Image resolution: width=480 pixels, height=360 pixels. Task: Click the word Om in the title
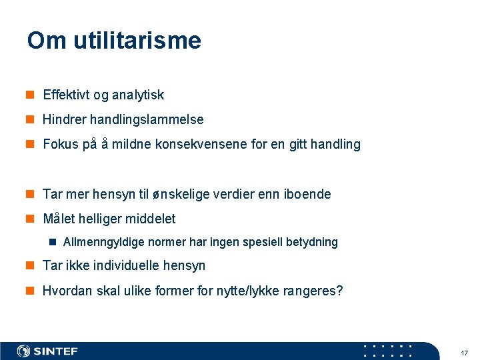[x=47, y=41]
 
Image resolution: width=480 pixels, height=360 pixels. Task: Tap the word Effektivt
[x=66, y=95]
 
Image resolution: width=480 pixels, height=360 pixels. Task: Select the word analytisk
[x=138, y=95]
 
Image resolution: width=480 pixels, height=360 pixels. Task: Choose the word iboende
[x=308, y=194]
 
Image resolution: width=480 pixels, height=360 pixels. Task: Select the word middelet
[x=151, y=219]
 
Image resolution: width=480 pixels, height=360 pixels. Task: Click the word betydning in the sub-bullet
[x=312, y=242]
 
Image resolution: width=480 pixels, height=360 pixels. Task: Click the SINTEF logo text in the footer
[x=56, y=351]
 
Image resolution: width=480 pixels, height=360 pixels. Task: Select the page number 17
[x=464, y=352]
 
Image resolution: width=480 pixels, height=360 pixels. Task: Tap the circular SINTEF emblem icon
[x=24, y=351]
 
